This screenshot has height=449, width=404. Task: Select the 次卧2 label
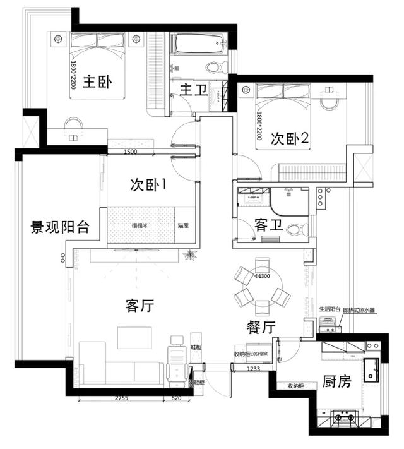pos(289,138)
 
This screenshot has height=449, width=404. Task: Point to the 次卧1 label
pos(148,185)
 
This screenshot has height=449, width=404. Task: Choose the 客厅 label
pos(140,306)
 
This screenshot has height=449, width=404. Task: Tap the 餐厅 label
pos(261,326)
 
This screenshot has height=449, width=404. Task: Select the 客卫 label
pos(269,225)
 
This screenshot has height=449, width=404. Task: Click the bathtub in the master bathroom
pos(199,44)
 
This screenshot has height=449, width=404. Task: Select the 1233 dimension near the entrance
pos(254,369)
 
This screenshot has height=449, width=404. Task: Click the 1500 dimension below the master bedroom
pos(131,152)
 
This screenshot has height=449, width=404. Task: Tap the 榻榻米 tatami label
pos(140,225)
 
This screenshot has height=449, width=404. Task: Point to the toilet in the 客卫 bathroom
pos(296,230)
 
